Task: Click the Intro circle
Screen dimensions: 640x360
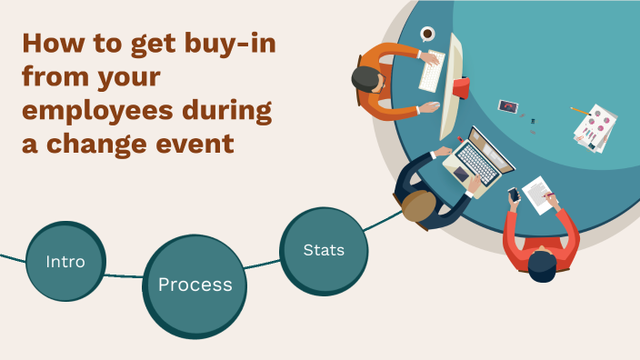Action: click(65, 262)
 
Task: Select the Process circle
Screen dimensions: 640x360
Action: click(195, 285)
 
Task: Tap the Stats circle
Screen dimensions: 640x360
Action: click(324, 249)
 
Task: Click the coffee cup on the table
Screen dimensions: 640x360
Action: click(427, 35)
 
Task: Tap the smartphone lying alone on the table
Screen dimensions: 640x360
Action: click(507, 106)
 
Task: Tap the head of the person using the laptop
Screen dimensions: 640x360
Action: click(419, 205)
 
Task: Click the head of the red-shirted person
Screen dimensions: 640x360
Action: click(543, 265)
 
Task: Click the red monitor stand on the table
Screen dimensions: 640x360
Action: click(461, 88)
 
